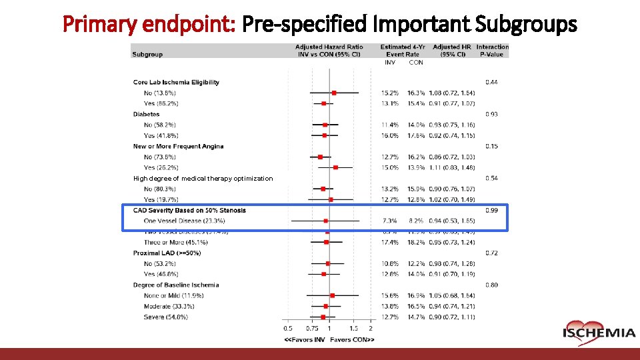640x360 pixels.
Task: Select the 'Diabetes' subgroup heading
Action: point(146,114)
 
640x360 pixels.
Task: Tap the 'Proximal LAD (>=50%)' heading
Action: point(167,253)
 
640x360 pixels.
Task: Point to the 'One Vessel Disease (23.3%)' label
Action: point(184,221)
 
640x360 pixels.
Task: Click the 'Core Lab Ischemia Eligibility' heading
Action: point(176,82)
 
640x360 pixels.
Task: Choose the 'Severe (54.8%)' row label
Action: point(165,317)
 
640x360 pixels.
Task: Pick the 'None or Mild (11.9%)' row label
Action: point(173,295)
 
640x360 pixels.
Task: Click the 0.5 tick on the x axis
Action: point(288,328)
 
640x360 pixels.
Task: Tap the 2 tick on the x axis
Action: point(371,328)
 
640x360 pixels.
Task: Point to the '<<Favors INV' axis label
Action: point(305,339)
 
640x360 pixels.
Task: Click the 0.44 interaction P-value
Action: point(491,82)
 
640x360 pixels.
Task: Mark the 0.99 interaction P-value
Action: point(491,210)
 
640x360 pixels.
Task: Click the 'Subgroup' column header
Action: point(147,54)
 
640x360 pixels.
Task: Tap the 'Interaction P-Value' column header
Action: point(492,51)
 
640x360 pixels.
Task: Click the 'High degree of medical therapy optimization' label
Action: point(203,178)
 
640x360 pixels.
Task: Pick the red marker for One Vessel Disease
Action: point(325,221)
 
